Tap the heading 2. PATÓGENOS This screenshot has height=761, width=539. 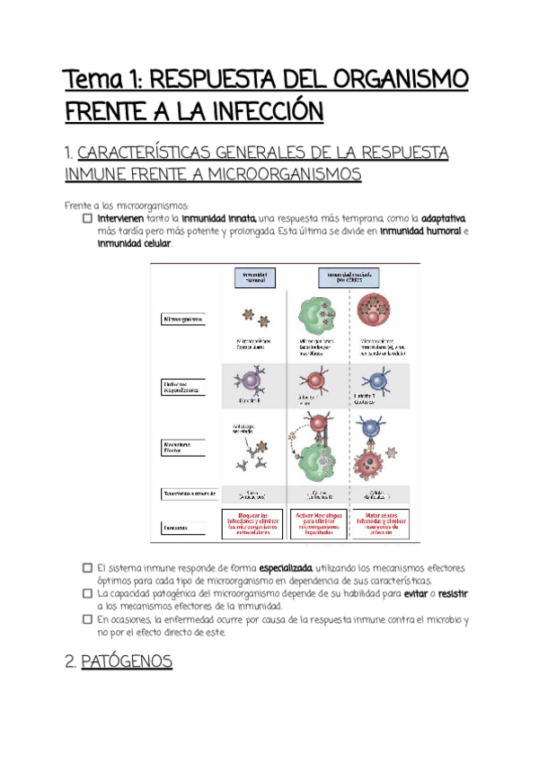(119, 662)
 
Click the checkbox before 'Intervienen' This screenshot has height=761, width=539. (86, 218)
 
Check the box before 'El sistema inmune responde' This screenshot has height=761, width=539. (86, 568)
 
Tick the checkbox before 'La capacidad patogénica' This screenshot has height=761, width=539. (86, 593)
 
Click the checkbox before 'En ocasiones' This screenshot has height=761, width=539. (86, 619)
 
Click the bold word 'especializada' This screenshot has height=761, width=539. (285, 568)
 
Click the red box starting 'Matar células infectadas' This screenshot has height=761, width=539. (378, 523)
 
